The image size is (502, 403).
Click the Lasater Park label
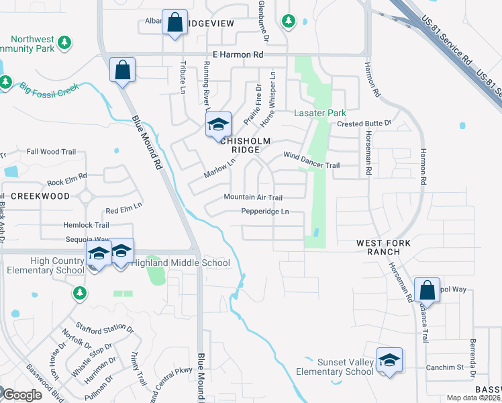pyautogui.click(x=320, y=114)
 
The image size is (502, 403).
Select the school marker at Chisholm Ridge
pyautogui.click(x=217, y=125)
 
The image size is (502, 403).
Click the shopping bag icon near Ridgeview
pyautogui.click(x=174, y=23)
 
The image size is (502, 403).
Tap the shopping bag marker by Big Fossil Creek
pyautogui.click(x=123, y=70)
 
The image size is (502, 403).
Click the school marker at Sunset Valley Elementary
pyautogui.click(x=389, y=361)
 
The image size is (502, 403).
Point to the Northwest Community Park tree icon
pyautogui.click(x=64, y=44)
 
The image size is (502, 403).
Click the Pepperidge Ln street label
pyautogui.click(x=265, y=212)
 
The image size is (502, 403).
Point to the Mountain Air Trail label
pyautogui.click(x=253, y=197)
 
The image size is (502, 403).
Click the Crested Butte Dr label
pyautogui.click(x=364, y=124)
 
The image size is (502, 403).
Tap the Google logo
pyautogui.click(x=21, y=395)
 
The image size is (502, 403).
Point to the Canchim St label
pyautogui.click(x=445, y=367)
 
